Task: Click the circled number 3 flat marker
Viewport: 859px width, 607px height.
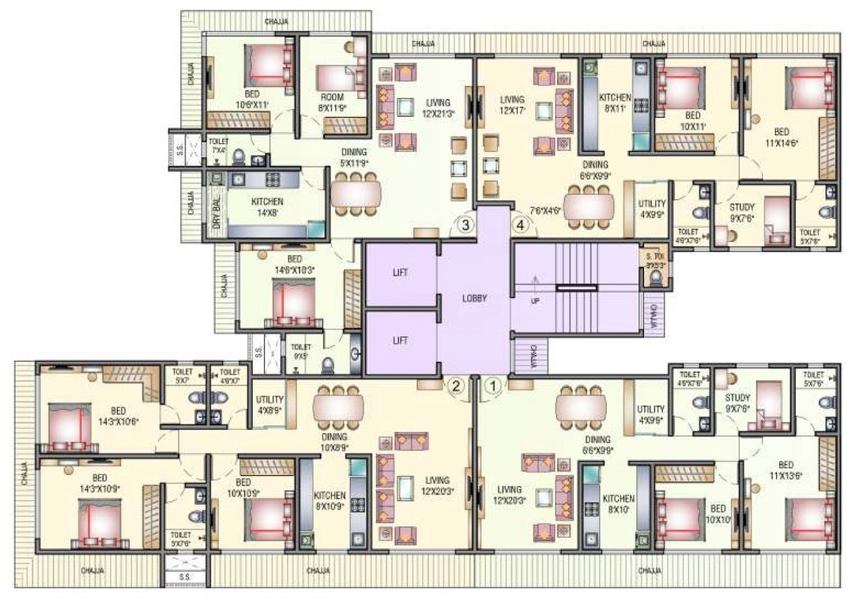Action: (x=466, y=226)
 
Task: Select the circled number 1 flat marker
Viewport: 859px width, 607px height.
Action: (x=492, y=386)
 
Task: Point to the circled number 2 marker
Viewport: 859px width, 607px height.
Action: (x=455, y=386)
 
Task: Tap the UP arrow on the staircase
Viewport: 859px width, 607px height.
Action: (x=534, y=286)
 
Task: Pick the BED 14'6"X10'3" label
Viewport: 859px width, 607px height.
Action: (x=294, y=264)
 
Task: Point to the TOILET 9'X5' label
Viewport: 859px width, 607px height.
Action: (x=301, y=351)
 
